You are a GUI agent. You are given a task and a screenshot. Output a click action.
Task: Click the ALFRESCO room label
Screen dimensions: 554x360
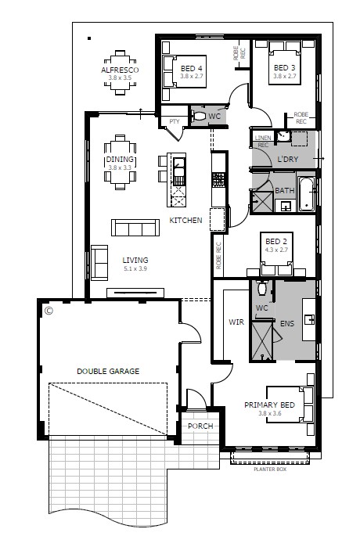120,70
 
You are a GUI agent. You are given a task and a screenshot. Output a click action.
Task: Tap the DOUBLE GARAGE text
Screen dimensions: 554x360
107,371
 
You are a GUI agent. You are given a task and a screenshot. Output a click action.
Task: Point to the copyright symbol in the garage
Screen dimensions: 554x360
49,311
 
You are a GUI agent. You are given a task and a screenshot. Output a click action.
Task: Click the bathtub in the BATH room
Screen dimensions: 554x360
305,193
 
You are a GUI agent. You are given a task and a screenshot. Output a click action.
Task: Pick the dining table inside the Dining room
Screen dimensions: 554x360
120,163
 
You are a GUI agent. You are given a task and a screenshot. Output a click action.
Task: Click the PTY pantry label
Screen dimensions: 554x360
174,122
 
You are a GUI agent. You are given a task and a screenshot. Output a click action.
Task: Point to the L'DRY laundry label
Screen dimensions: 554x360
287,160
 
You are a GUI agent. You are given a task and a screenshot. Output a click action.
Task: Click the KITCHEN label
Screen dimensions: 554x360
186,221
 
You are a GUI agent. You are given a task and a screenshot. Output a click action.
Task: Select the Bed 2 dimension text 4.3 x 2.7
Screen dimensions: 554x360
275,250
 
